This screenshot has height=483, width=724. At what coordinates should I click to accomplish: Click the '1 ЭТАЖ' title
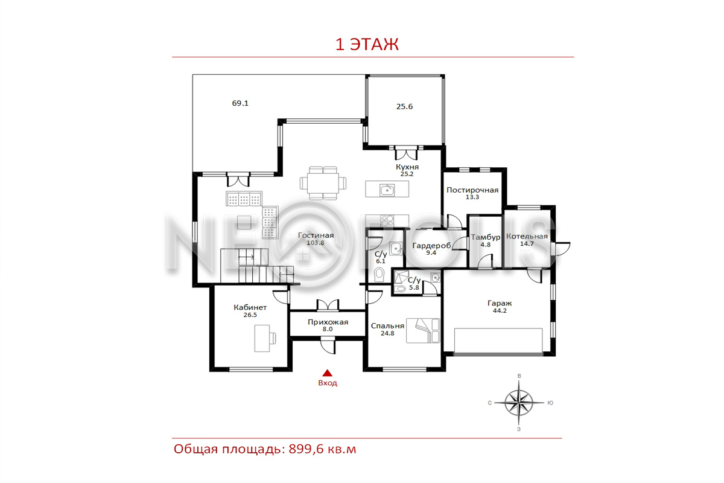pos(367,44)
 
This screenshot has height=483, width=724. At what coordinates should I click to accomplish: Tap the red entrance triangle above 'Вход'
pos(327,373)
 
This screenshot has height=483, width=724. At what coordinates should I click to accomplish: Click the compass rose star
pos(519,403)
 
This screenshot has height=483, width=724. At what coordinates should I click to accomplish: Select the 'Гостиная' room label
pos(316,235)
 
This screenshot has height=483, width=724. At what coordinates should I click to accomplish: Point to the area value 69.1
pos(240,103)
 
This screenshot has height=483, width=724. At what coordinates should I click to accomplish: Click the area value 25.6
pos(404,106)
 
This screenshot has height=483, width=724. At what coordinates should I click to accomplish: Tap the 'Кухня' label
pos(407,167)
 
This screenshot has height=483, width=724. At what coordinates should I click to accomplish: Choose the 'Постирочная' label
pos(472,190)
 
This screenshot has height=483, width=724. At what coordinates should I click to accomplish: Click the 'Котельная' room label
pos(527,237)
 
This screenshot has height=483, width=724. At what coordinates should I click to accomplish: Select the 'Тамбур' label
pos(486,238)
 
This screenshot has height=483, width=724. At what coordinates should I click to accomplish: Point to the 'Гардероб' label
pos(431,246)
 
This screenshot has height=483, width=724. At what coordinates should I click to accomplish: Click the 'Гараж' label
pos(500,304)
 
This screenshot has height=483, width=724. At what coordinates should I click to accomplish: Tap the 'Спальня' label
pos(387,326)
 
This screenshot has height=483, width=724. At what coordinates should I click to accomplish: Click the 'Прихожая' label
pos(328,322)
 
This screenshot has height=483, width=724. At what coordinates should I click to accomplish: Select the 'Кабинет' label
pos(250,308)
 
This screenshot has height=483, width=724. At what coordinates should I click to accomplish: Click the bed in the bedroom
pos(423,331)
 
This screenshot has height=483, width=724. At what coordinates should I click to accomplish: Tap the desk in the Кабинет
pos(262,338)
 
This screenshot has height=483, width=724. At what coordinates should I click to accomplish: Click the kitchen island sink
pos(387,190)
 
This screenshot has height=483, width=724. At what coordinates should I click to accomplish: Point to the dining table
pos(323,183)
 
